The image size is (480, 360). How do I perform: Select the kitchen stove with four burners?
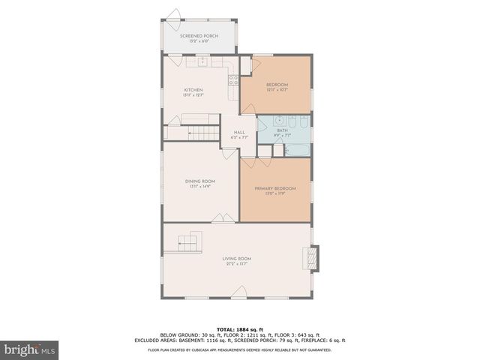[x=233, y=78]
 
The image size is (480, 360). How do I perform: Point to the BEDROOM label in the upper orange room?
[x=277, y=85]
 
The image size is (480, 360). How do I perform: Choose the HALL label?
[x=239, y=133]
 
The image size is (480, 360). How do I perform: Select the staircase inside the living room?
[x=191, y=244]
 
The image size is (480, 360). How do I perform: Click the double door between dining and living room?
[x=222, y=218]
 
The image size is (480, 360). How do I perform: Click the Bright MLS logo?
[x=30, y=349]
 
